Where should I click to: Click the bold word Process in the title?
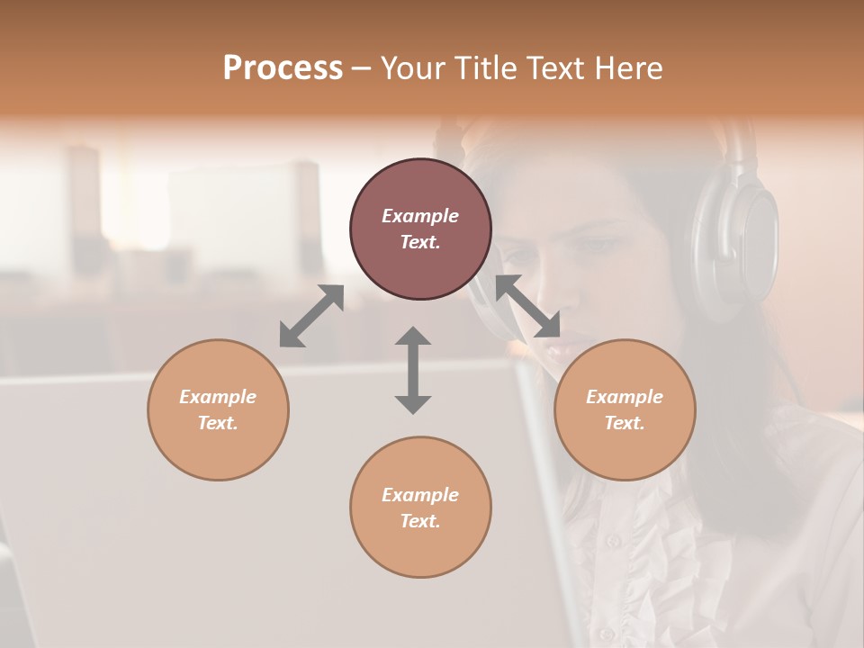tap(283, 68)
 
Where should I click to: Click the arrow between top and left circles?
tap(311, 316)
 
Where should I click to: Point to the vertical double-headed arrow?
tap(413, 370)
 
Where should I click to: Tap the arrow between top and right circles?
tap(528, 306)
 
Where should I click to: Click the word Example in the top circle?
tap(420, 216)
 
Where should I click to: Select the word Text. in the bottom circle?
tap(420, 521)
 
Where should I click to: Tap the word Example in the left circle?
tap(218, 397)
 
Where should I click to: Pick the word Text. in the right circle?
tap(625, 423)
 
